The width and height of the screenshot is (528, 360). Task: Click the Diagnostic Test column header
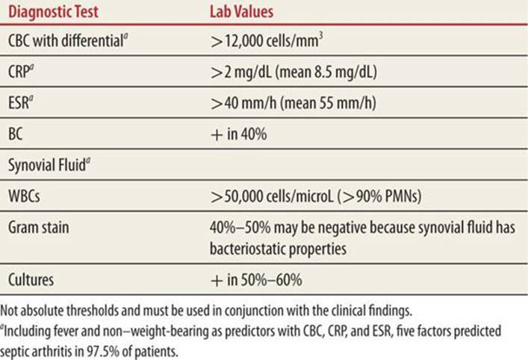53,12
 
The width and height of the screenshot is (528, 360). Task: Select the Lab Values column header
241,12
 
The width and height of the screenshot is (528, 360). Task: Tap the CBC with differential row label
68,41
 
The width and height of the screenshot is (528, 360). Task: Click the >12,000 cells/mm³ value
267,41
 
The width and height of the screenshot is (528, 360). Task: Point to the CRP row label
21,71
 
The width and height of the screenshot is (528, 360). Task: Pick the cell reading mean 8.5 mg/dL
326,72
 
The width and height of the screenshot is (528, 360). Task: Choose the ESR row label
21,102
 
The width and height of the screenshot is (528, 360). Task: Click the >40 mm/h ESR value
243,103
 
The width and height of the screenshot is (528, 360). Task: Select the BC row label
16,134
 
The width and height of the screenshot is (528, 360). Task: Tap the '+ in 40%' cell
239,134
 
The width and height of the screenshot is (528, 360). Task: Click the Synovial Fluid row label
49,165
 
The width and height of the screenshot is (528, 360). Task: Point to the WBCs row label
24,196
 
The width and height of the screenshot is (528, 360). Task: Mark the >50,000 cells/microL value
271,196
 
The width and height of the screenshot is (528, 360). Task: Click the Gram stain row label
38,227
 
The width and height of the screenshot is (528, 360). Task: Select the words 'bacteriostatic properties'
278,249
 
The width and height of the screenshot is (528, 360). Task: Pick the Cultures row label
31,279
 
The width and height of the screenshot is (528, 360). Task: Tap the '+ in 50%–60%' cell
256,280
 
